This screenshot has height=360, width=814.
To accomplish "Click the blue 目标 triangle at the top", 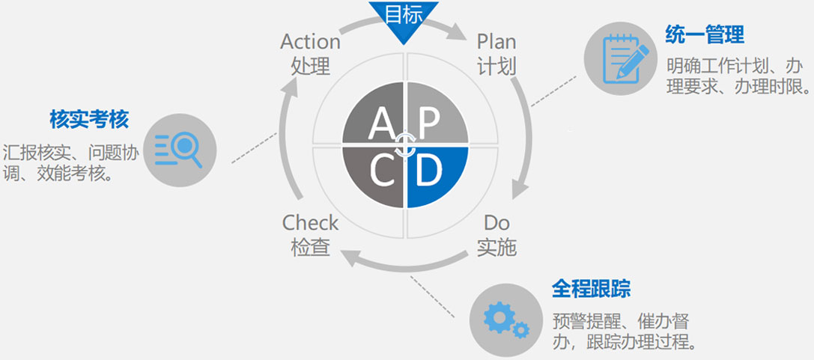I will (x=403, y=18).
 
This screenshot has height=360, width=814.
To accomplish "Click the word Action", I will (x=310, y=41).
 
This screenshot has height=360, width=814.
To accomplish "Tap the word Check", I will (x=310, y=222).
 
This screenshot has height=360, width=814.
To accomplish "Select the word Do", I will (x=496, y=222).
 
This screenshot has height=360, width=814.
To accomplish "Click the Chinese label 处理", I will (x=310, y=66).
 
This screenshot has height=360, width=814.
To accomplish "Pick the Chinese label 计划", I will (x=496, y=66).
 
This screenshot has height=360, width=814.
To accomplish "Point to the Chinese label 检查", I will (x=310, y=247).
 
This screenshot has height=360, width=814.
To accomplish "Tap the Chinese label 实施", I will (x=496, y=247).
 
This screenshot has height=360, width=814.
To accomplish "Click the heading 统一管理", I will (x=705, y=34).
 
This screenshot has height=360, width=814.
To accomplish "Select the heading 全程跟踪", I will (x=591, y=289).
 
